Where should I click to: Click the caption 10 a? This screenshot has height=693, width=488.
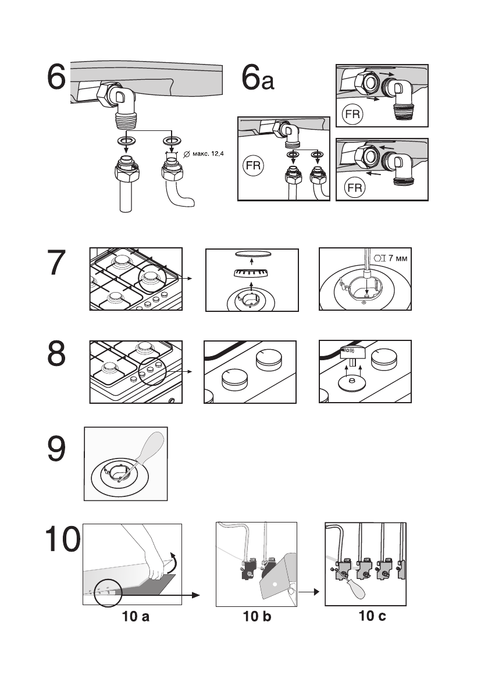coord(136,617)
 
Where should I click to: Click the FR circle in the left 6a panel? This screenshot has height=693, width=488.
coord(252,168)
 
